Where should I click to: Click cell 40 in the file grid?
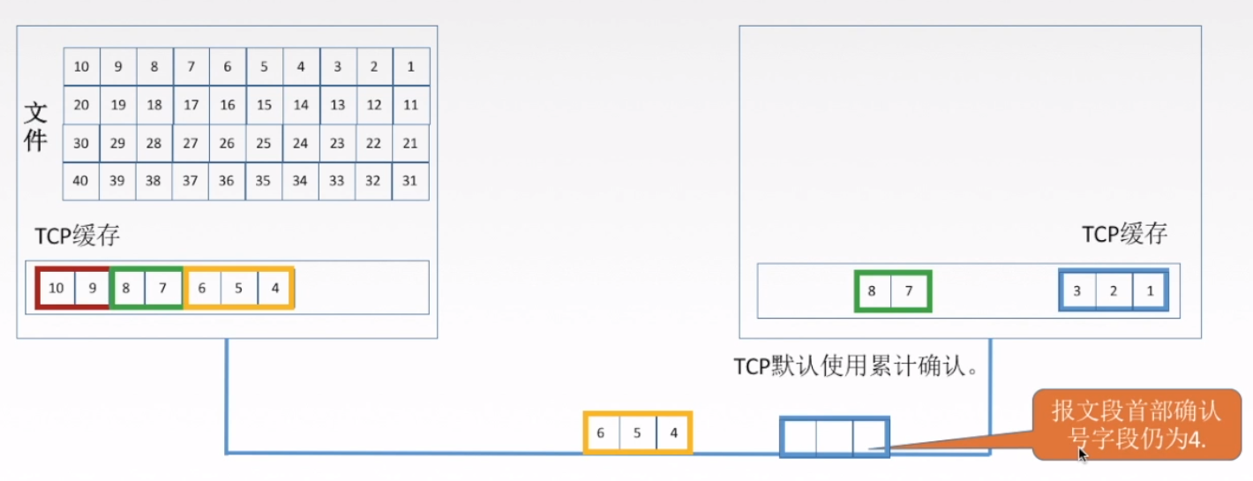(81, 181)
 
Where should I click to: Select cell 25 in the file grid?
(264, 143)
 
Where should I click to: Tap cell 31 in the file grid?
(409, 181)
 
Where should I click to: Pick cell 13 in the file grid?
(337, 105)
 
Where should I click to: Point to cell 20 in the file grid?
(81, 105)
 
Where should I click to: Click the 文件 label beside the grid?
(35, 126)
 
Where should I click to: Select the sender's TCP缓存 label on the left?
(78, 237)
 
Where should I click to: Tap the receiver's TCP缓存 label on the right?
(1124, 234)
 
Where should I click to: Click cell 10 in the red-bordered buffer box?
(56, 288)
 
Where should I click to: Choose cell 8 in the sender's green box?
(127, 288)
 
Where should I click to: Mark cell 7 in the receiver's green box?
(910, 291)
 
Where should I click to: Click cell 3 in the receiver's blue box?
(1078, 291)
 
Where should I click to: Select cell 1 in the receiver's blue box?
(1149, 291)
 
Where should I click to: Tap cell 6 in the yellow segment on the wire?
(601, 433)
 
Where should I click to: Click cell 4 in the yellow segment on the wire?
(673, 433)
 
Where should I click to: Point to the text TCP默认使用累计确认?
(857, 366)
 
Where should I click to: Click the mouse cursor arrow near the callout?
(1083, 454)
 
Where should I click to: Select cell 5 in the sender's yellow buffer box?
(238, 288)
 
